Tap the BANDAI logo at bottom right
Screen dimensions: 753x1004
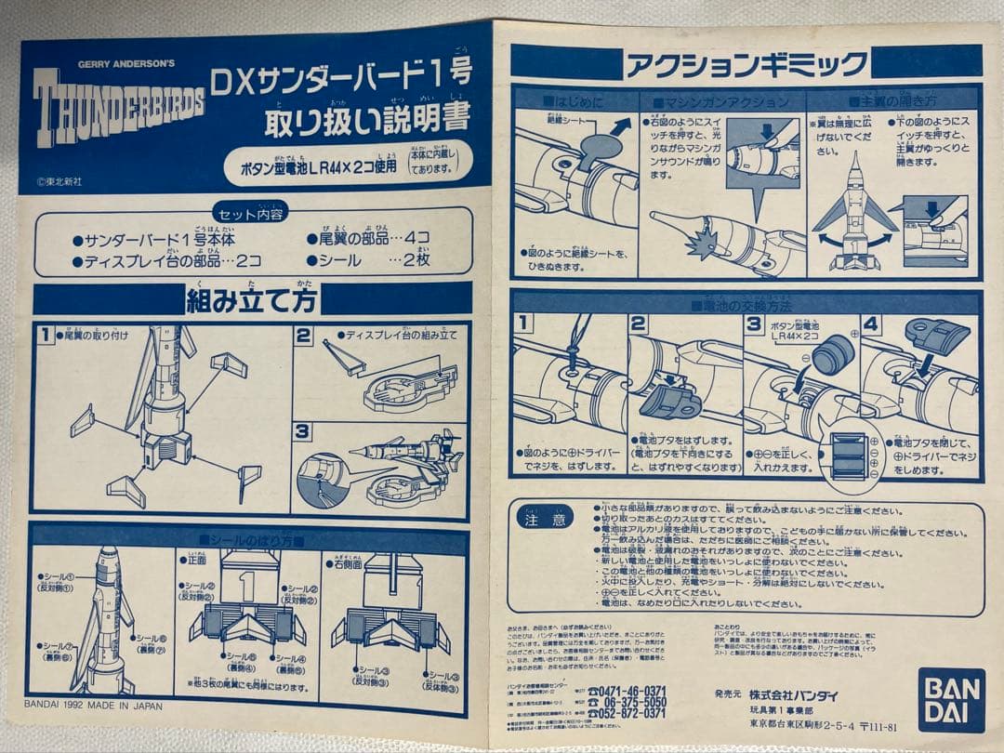(x=951, y=699)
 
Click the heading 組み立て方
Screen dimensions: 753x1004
(x=251, y=299)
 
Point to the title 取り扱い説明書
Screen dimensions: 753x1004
(x=366, y=120)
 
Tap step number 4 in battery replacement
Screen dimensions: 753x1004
(x=870, y=324)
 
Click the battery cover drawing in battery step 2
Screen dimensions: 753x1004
(x=669, y=401)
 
